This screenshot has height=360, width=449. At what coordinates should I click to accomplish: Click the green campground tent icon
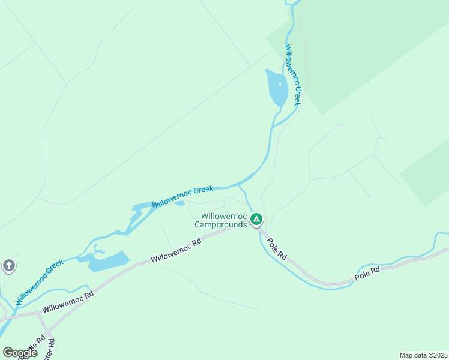coord(256,220)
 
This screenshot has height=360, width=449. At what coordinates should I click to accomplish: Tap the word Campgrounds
coord(220,225)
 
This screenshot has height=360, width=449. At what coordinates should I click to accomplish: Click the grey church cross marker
coord(8,265)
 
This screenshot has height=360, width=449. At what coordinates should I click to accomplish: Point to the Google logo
coord(20,353)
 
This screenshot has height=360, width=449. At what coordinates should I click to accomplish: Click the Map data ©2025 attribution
coord(423,355)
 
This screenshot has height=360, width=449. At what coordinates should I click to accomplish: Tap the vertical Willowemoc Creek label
coord(292,76)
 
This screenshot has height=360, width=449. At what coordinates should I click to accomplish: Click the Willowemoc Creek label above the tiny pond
coord(183,196)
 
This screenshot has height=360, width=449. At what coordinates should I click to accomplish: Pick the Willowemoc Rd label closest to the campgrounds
coord(176,251)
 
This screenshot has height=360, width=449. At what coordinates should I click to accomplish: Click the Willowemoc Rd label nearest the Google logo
coord(66,302)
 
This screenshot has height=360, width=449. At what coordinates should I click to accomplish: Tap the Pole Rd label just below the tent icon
coord(277,249)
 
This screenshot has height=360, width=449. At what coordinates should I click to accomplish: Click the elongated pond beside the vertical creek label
coord(276,87)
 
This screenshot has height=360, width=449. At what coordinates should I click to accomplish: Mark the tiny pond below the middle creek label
coord(179,203)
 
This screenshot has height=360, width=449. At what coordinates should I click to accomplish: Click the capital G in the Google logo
coord(7,353)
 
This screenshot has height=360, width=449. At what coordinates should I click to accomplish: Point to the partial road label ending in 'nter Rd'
coord(52,350)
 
